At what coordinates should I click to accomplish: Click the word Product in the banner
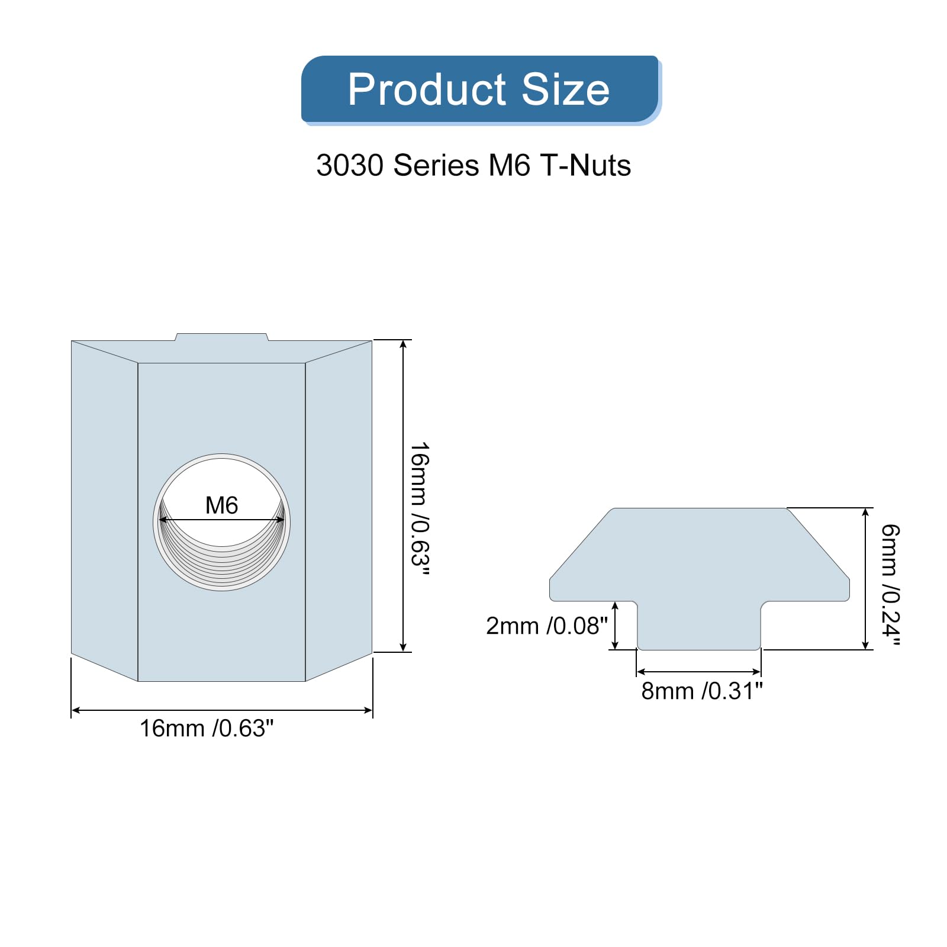pos(427,90)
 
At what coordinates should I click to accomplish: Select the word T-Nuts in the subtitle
pos(585,165)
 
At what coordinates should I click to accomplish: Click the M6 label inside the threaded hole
pos(221,505)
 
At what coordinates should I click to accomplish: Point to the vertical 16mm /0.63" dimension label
pos(420,508)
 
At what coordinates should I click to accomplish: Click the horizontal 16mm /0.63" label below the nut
pos(207,729)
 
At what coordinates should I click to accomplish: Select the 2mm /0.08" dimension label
pos(546,626)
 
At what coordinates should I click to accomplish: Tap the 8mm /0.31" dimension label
pos(702,691)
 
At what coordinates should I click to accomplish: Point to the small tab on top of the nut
pos(221,337)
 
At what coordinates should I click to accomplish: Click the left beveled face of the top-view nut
pos(104,509)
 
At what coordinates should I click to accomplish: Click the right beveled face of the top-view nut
pos(339,509)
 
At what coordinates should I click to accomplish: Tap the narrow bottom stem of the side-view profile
pos(699,627)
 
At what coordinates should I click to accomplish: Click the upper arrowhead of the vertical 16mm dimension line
pos(403,344)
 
